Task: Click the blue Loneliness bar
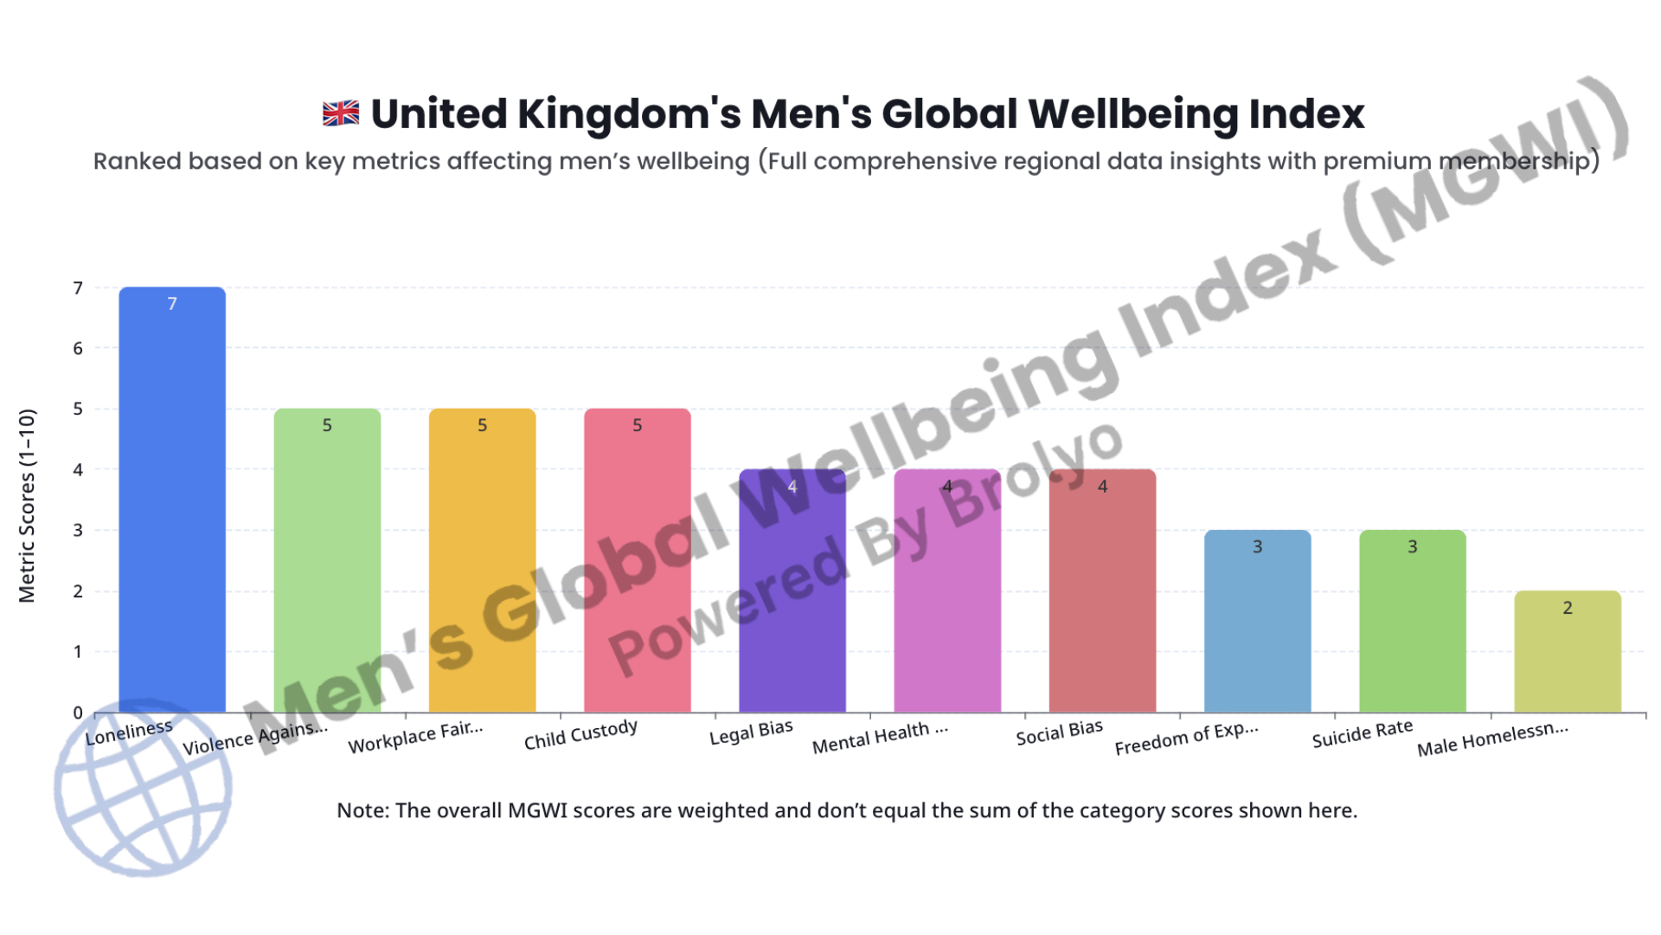coord(172,519)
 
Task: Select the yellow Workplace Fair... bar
coord(482,571)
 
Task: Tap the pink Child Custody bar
coord(637,571)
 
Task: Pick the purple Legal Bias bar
coord(792,606)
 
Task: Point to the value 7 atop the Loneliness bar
coord(172,304)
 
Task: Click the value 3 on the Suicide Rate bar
coord(1412,547)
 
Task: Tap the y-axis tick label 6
coord(78,348)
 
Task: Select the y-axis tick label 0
coord(78,713)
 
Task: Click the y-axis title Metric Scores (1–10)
coord(27,506)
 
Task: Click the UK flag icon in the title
coord(341,113)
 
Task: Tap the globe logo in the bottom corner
coord(143,788)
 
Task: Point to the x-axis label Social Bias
coord(1059,732)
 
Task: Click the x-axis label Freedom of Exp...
coord(1186,738)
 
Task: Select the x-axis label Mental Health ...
coord(880,738)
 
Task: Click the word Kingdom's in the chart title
coord(629,114)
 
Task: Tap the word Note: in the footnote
coord(362,810)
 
